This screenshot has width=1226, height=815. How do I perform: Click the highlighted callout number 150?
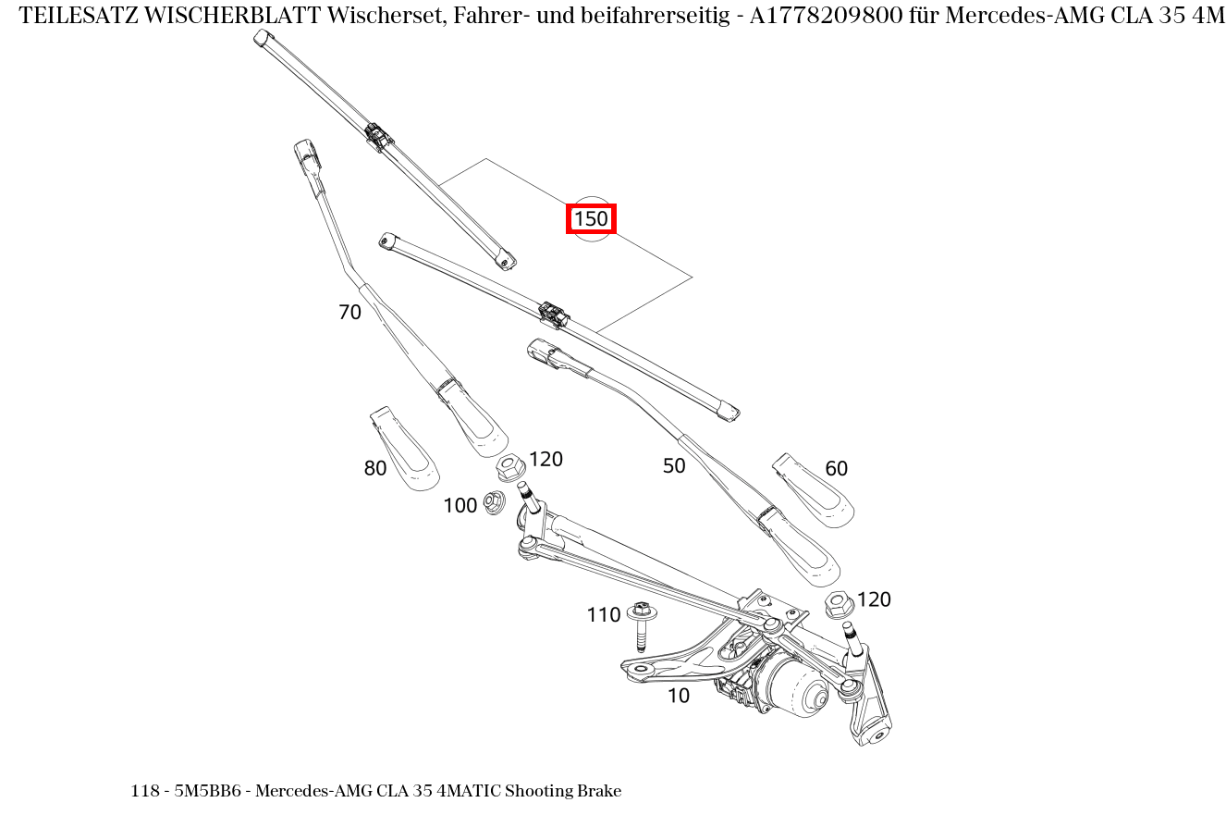591,219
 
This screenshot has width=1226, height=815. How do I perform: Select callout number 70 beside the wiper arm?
349,313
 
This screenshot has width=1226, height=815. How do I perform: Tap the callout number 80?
374,469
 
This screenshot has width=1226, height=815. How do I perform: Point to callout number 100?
460,505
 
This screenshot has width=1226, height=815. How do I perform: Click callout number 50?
674,466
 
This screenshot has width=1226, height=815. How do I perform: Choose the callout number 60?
836,469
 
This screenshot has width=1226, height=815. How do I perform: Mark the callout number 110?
603,615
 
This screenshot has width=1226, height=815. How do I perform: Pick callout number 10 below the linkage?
679,696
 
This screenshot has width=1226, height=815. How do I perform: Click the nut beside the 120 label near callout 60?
839,606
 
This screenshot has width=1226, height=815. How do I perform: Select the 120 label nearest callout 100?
546,459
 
